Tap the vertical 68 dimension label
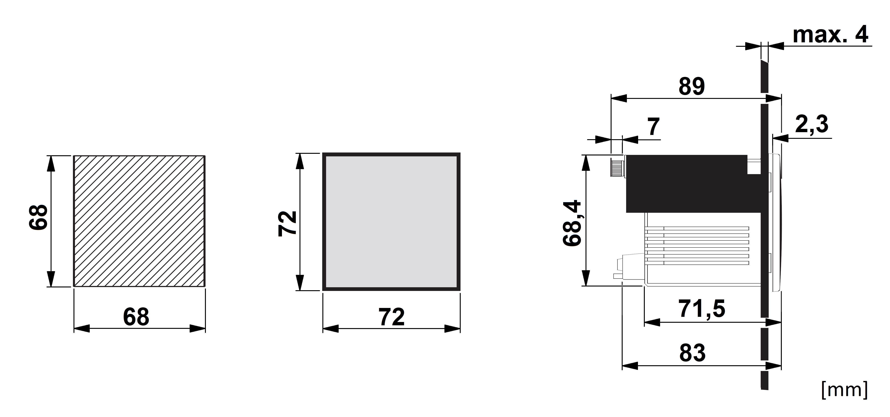click(x=38, y=217)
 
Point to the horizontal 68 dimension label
click(x=136, y=316)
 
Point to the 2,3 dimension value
click(x=812, y=124)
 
